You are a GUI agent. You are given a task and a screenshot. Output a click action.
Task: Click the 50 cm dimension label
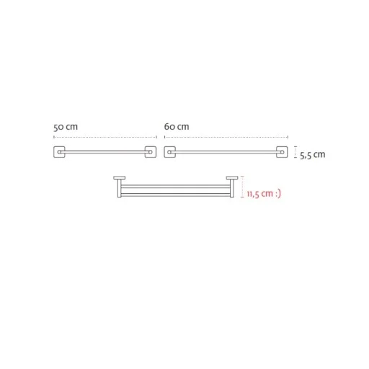[x=66, y=127]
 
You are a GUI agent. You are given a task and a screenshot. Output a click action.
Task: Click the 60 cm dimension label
[x=177, y=127]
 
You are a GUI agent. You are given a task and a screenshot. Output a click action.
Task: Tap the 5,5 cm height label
[x=313, y=155]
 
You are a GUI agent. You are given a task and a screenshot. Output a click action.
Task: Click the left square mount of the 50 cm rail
[x=59, y=152]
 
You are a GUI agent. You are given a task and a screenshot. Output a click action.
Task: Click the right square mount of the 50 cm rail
[x=151, y=152]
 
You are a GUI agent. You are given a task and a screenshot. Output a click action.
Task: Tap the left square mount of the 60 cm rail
[x=169, y=152]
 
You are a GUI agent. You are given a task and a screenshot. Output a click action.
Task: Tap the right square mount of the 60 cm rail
[x=282, y=152]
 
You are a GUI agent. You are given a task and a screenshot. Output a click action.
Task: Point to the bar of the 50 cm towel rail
[x=105, y=152]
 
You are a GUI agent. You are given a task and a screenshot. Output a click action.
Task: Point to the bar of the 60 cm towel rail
[x=226, y=152]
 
